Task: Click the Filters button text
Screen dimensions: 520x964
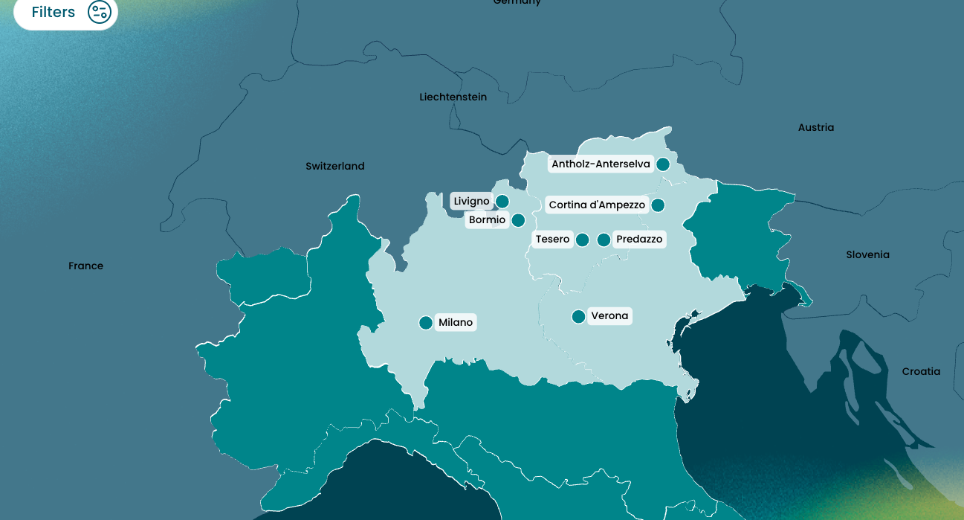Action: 53,12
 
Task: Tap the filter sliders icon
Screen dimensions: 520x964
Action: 99,12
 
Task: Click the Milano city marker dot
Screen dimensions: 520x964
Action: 426,323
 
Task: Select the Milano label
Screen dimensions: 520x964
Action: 456,322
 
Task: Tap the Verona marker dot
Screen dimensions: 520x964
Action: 578,317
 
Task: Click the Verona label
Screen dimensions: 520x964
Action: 609,315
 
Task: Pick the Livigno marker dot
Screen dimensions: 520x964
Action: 502,202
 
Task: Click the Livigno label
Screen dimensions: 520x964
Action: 471,201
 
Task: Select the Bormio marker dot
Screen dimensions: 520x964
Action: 518,220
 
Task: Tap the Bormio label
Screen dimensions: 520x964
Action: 487,219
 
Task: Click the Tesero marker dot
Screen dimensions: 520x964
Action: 583,240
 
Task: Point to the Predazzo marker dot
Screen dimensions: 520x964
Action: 604,240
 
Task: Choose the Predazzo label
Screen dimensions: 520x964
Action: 639,239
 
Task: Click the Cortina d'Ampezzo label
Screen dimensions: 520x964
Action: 597,205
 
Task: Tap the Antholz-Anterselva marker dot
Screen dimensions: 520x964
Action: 663,164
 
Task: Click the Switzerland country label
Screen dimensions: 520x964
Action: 335,166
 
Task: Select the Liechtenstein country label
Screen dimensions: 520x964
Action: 453,97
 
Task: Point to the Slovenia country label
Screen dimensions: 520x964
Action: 867,254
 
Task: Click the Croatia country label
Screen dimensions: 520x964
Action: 921,371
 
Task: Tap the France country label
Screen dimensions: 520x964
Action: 85,266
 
